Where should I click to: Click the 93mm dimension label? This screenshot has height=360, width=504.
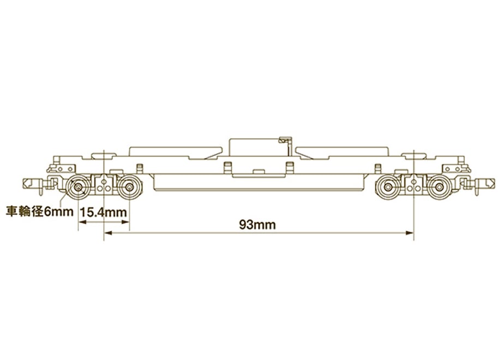pos(257,225)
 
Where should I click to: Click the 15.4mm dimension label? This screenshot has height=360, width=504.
pos(103,212)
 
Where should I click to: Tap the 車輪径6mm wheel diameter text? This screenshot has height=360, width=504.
pos(40,212)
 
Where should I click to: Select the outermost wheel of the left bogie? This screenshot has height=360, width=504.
pos(78,187)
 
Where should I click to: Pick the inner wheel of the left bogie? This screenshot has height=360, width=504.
pos(129,187)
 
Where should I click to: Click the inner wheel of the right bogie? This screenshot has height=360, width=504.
pos(388,187)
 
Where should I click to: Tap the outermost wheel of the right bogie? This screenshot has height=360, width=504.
pos(439,187)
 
